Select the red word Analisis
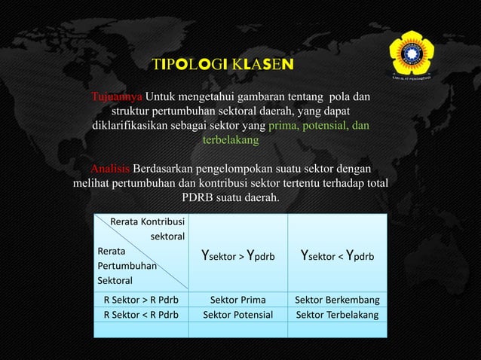tap(110, 167)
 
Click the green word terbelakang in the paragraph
tap(230, 140)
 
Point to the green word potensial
tap(317, 126)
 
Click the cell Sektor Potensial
tap(237, 314)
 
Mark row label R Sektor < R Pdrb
tap(141, 314)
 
